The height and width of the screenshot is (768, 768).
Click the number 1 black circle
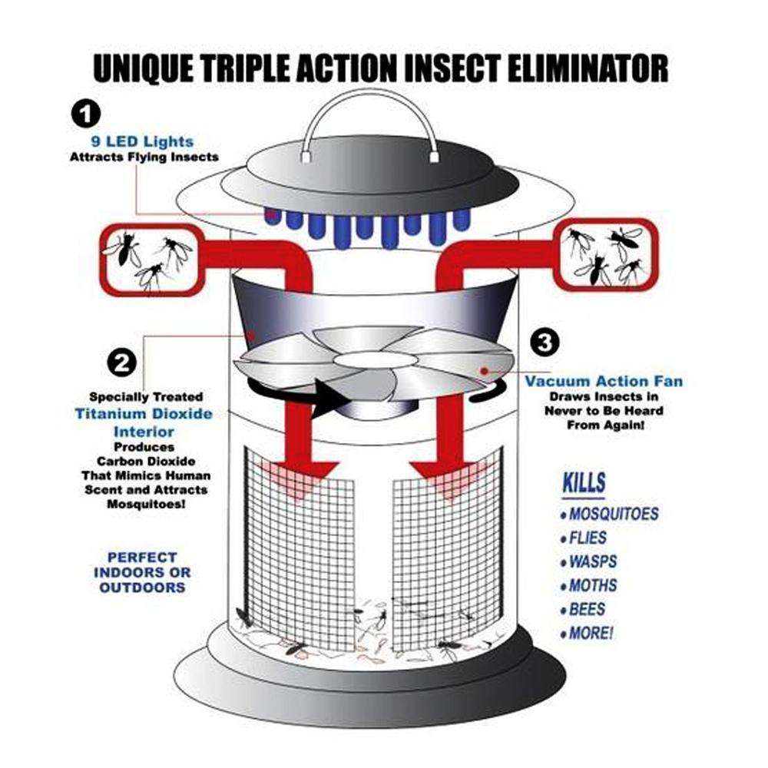[x=86, y=114]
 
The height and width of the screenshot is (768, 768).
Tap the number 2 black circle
[x=122, y=363]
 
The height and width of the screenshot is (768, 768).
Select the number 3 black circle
[x=545, y=342]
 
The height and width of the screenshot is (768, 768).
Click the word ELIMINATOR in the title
[x=588, y=68]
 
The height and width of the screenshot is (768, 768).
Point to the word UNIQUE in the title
[x=143, y=68]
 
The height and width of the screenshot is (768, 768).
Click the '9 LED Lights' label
[x=143, y=141]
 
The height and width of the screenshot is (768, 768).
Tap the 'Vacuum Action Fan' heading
[x=604, y=381]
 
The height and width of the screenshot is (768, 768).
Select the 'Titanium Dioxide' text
[x=144, y=414]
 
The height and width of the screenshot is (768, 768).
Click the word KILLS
[x=584, y=483]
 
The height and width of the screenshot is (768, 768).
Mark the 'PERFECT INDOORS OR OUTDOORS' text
[x=142, y=572]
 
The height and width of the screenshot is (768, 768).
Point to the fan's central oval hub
[x=376, y=359]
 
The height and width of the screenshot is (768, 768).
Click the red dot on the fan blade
[x=484, y=371]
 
